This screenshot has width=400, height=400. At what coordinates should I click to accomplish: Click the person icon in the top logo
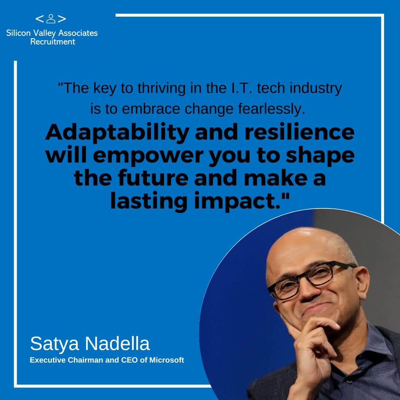(x=51, y=19)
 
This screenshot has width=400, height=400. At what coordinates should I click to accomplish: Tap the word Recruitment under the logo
(x=53, y=41)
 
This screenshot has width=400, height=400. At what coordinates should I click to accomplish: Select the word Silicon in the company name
(x=19, y=33)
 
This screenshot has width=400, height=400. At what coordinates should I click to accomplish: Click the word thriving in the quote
(x=161, y=88)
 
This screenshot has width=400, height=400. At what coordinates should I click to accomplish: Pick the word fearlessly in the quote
(x=272, y=109)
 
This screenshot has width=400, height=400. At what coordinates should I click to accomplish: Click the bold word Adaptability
(x=117, y=133)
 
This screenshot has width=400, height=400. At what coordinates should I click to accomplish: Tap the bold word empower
(x=148, y=156)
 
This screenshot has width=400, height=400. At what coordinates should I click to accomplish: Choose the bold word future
(x=153, y=178)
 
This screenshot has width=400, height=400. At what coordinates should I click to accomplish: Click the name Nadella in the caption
(x=117, y=344)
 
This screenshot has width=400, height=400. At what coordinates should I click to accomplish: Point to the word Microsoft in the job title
(x=167, y=360)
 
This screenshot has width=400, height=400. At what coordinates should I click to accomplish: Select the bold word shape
(x=320, y=156)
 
